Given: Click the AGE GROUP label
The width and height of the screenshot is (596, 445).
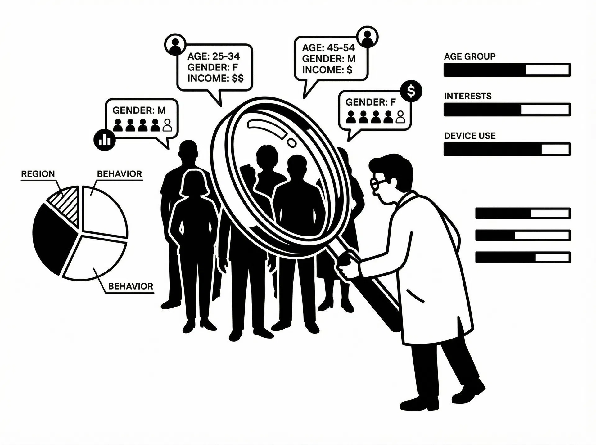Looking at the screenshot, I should point(470,56).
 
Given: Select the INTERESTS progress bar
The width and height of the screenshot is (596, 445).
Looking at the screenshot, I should point(507,110).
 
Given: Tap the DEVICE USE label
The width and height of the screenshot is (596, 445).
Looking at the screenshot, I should point(470,136).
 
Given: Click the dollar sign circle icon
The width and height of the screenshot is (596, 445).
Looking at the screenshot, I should point(411,91).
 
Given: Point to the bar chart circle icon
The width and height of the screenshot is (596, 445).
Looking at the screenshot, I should point(104,140).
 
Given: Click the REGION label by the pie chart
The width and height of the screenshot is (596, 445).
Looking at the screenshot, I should point(38,174).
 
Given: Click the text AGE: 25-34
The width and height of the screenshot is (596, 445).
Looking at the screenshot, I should point(214,56).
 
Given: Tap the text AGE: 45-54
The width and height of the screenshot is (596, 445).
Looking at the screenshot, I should point(328,47).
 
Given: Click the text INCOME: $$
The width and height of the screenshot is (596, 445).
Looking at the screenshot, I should point(215,78).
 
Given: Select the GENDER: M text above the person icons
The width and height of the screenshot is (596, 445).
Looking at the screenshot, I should point(139,110).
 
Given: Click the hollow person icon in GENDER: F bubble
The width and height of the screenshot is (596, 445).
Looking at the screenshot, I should point(401,117).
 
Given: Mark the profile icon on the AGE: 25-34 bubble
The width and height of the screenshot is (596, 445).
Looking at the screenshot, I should point(175,44).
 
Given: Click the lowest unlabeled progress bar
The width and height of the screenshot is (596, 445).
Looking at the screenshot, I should point(523,257).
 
